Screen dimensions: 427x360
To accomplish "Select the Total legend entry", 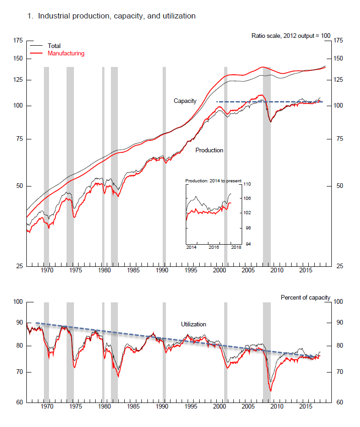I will pyautogui.click(x=54, y=46).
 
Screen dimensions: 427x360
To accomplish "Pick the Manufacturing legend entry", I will pyautogui.click(x=66, y=54).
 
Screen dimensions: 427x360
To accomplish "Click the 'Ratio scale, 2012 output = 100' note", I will pyautogui.click(x=291, y=36).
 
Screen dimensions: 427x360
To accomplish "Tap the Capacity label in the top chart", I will pyautogui.click(x=185, y=101).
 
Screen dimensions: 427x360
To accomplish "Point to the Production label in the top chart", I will pyautogui.click(x=209, y=150).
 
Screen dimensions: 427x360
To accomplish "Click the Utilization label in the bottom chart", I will pyautogui.click(x=193, y=325).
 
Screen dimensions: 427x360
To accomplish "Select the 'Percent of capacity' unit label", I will pyautogui.click(x=305, y=298).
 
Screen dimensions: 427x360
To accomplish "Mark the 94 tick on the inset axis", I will pyautogui.click(x=246, y=244).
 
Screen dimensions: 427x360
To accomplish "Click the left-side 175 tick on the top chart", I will pyautogui.click(x=18, y=41).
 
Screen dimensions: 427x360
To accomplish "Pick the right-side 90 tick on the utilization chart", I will pyautogui.click(x=338, y=322).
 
